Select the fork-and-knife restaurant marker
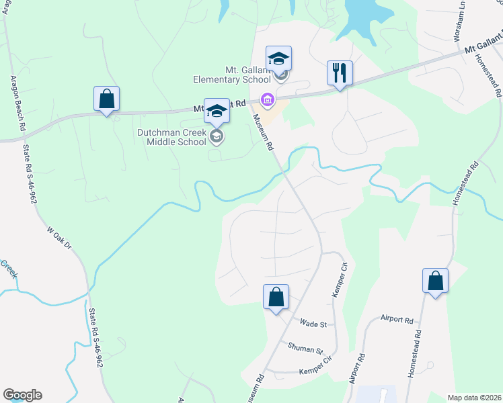(340, 73)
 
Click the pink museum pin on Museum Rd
(268, 100)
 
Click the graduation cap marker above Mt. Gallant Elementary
(278, 58)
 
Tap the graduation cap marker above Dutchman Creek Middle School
(217, 111)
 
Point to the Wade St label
(313, 324)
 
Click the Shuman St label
(305, 348)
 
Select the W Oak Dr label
(59, 237)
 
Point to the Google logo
(22, 395)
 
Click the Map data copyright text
(474, 398)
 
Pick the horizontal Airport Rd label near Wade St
(396, 320)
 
